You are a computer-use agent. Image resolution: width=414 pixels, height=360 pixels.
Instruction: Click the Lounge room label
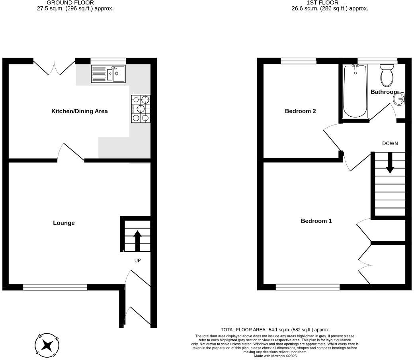64,223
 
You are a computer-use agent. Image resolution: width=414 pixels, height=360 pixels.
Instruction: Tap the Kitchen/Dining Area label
80,111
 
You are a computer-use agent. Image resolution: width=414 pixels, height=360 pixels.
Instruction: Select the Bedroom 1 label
316,221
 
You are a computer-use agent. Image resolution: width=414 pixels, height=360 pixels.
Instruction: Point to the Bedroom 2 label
300,111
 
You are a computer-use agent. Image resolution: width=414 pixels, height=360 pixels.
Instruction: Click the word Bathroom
384,92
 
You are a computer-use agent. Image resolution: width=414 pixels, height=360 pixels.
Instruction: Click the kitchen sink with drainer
108,74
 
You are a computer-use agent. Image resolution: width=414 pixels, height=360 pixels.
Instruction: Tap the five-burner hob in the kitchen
141,108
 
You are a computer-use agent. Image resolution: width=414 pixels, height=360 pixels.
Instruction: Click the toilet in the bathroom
387,76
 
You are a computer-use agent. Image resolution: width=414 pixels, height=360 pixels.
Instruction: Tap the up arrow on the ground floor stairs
137,241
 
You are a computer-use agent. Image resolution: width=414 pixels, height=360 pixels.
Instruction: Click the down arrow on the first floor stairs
390,163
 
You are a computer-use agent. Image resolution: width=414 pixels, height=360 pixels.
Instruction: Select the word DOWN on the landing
390,143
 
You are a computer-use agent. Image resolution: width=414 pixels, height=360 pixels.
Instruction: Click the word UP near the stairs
137,260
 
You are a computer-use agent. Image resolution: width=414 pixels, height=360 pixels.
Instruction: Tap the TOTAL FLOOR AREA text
275,330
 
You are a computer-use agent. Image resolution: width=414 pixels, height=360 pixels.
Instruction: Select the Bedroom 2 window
299,61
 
